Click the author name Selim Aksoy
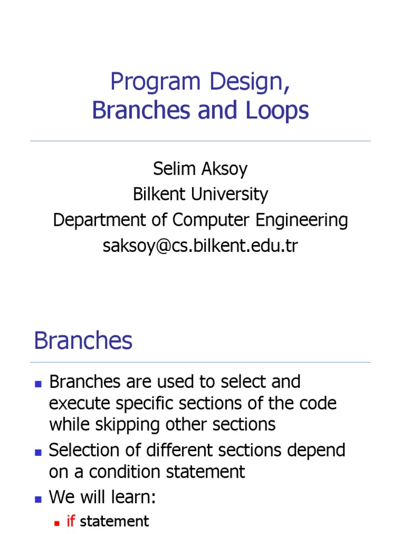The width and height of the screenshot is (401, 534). click(200, 168)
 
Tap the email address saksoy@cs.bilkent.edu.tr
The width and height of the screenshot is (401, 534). click(200, 246)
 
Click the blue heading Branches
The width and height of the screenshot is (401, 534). click(83, 341)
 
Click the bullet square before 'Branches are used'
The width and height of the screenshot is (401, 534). click(38, 383)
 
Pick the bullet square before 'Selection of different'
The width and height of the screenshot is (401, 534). click(38, 451)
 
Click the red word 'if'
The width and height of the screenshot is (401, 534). click(71, 521)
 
